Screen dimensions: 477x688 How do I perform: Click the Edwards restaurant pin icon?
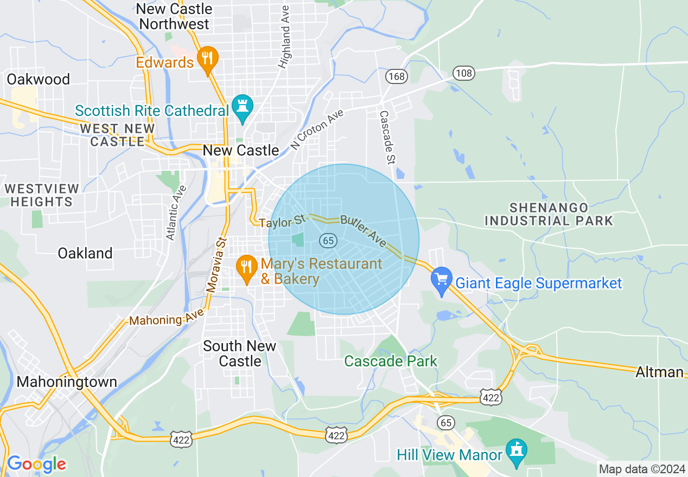(x=207, y=59)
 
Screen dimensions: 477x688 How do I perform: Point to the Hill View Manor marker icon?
(x=516, y=451)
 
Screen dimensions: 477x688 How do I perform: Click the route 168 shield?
(x=397, y=76)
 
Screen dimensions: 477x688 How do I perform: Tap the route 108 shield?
(x=464, y=73)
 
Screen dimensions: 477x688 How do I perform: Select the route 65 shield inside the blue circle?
(x=328, y=241)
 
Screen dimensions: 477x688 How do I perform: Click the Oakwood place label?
(x=39, y=79)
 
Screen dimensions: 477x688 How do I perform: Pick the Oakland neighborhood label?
(x=85, y=253)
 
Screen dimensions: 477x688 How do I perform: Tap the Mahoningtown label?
(x=67, y=382)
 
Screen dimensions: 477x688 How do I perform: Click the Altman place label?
(x=659, y=372)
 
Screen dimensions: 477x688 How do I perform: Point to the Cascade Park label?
(x=391, y=361)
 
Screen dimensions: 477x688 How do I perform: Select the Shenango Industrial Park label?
(x=549, y=214)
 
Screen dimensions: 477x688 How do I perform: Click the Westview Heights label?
(x=42, y=195)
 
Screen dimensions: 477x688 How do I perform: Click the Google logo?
(x=36, y=464)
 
